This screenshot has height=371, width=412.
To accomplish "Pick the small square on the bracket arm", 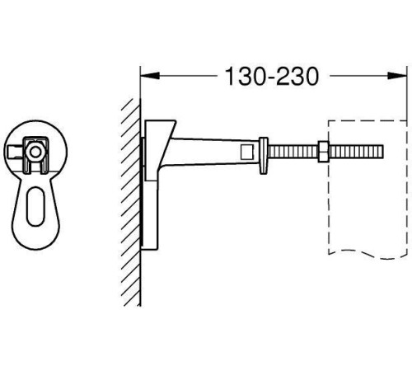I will coord(246,152).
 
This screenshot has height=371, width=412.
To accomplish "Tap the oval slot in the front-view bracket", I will coord(34,206).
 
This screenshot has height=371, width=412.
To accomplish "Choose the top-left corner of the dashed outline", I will coord(330,121).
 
